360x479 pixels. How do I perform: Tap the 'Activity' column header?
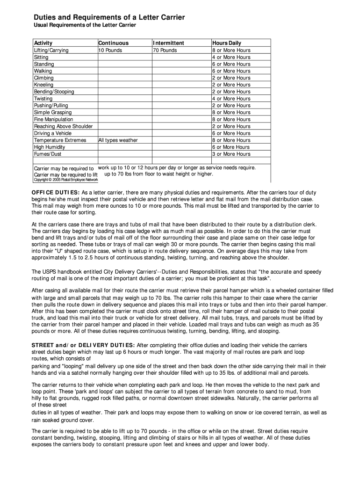(43, 43)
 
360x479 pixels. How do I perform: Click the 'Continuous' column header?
(113, 43)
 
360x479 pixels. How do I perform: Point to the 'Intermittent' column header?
(169, 43)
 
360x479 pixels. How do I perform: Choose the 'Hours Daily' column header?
(227, 43)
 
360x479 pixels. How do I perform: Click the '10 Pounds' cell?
(110, 50)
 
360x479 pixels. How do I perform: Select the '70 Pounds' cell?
(165, 50)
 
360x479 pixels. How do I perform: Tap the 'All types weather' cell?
(118, 140)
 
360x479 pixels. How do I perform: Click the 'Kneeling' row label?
(43, 85)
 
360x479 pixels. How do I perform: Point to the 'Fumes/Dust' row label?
(47, 154)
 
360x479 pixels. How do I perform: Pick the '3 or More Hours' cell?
(231, 154)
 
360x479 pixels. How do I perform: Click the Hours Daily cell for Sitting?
(231, 57)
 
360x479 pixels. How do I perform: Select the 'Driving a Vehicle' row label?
(53, 133)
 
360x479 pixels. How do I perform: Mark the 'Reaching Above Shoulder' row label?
(63, 126)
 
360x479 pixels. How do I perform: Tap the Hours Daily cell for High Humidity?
(231, 147)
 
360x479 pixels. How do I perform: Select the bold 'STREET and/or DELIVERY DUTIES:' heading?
(82, 345)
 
